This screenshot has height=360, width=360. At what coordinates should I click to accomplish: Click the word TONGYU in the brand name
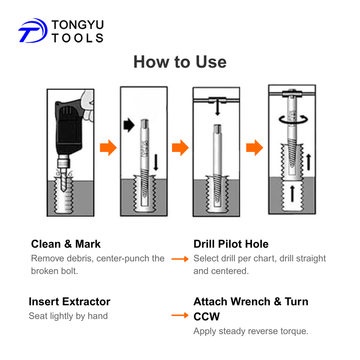click(78, 25)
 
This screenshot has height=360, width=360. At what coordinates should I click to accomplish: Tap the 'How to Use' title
click(180, 62)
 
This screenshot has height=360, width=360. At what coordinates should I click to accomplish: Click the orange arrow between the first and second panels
click(108, 148)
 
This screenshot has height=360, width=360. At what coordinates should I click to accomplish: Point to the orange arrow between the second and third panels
click(180, 148)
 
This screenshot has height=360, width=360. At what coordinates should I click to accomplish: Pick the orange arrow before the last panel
click(255, 148)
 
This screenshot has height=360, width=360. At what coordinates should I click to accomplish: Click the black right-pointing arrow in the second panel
click(129, 125)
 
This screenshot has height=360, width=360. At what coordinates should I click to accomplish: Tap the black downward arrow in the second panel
click(156, 162)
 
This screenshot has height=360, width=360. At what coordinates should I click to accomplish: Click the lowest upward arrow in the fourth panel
click(292, 194)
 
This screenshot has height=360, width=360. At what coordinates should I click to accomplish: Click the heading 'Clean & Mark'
click(66, 244)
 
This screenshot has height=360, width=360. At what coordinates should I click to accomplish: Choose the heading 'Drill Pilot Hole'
click(231, 244)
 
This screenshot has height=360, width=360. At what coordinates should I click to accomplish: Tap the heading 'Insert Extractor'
click(70, 301)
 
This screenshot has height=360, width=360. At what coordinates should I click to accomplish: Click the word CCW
click(207, 316)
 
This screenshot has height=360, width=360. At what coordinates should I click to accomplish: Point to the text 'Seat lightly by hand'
click(68, 316)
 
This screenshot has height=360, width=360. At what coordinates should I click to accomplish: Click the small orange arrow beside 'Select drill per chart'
click(180, 259)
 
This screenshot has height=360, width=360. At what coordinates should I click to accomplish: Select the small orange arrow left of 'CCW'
click(180, 315)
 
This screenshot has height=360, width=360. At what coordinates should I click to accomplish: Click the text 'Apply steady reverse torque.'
click(251, 331)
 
